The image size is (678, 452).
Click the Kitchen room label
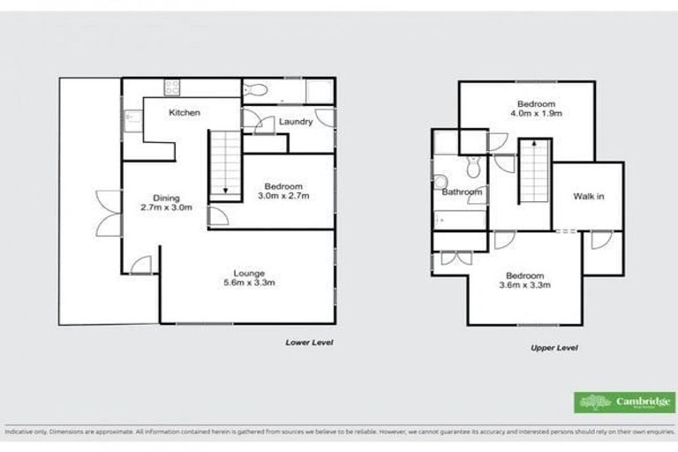[x=185, y=113]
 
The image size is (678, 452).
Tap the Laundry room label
[x=295, y=122]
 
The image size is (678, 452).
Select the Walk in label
[x=588, y=196]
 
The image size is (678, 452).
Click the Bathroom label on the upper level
[x=462, y=192]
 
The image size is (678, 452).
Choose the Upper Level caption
[x=554, y=348]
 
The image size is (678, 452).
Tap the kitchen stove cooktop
[x=171, y=87]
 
